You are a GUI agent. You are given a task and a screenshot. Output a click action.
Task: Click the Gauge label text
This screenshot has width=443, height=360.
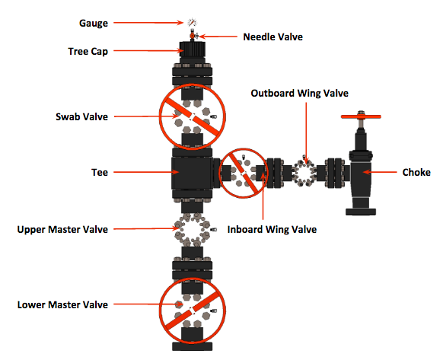93,23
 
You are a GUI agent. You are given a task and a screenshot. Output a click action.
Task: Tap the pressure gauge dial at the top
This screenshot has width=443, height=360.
192,22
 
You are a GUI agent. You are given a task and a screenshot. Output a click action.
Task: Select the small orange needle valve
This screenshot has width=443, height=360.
193,36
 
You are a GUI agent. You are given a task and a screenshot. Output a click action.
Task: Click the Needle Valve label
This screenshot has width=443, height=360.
273,37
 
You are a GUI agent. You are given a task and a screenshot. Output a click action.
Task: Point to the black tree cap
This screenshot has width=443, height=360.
193,49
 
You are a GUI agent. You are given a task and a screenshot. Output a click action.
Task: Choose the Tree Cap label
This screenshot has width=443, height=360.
88,52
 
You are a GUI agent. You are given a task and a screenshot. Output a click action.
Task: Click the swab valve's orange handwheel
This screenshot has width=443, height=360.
193,116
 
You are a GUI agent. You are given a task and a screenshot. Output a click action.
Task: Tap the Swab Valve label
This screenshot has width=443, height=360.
81,116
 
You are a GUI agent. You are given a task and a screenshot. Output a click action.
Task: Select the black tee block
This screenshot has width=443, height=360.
192,173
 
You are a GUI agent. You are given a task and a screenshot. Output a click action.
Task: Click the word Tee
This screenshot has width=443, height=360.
100,172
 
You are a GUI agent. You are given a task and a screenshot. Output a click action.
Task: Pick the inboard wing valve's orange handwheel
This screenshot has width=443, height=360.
244,173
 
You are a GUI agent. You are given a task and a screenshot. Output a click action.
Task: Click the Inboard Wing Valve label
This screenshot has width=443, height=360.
272,229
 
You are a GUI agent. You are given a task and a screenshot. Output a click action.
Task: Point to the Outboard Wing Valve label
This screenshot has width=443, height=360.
299,94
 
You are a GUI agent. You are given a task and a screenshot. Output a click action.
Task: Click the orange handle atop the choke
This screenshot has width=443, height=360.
361,116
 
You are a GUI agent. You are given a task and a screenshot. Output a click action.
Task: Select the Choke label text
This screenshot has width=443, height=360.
416,172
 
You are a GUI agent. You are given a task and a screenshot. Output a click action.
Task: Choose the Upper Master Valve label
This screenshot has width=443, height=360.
62,229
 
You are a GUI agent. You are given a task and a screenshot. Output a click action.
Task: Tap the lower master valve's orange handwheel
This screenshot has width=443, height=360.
193,311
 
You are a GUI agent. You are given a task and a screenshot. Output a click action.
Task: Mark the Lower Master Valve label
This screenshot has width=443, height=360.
62,305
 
